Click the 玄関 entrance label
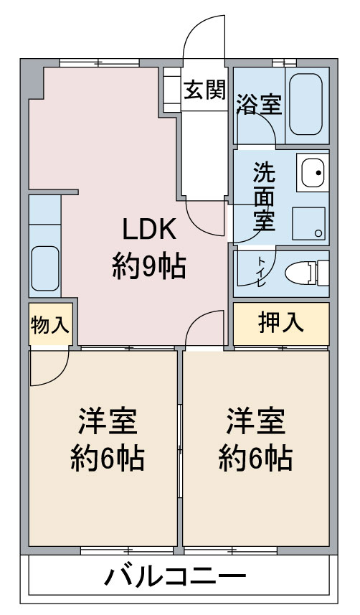point(205,90)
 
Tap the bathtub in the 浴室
point(306,104)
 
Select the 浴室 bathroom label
point(259,104)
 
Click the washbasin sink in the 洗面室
point(312,172)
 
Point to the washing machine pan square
point(308,223)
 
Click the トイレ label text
point(261,271)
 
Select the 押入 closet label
point(281,323)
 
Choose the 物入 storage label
point(49,325)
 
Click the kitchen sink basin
point(45,268)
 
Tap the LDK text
point(149,229)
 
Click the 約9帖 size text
point(149,267)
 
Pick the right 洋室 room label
point(256,421)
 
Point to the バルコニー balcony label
point(175,576)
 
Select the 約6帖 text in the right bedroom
point(256,458)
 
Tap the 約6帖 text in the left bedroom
point(108,458)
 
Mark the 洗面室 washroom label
point(264,196)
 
